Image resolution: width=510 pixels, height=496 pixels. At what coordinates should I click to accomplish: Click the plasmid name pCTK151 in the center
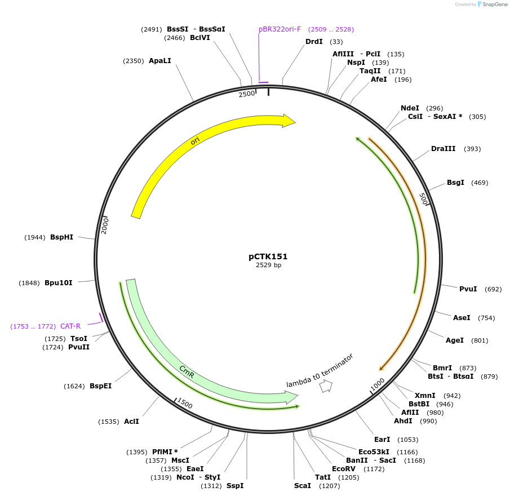point(268,256)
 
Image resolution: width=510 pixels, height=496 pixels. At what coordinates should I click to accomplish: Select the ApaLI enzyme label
point(159,61)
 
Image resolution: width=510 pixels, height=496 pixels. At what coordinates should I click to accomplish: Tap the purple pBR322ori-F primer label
point(280,29)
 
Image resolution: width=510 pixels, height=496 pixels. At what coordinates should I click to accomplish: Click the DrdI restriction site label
point(314,42)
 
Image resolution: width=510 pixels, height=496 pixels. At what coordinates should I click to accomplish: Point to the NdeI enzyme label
point(410,108)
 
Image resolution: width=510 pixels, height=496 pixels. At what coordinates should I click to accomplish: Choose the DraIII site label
point(443,149)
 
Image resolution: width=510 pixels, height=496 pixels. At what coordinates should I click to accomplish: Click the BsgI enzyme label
point(455,183)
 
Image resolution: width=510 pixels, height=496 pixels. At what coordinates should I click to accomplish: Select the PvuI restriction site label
point(468,289)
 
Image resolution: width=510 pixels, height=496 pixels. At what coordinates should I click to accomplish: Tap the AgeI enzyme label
point(454,340)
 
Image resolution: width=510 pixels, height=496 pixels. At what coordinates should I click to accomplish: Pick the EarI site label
point(382,440)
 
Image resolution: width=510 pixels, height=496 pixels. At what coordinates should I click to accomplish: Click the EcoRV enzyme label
point(343,469)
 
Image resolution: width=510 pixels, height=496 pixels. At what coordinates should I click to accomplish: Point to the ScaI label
point(303,486)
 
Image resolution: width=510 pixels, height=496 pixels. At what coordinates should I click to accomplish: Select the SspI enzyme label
point(235,486)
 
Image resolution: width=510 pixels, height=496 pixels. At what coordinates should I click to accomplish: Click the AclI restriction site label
point(131,422)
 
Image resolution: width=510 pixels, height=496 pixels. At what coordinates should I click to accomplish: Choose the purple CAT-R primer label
point(70,326)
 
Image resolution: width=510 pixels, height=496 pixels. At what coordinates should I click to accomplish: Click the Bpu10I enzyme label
point(59,283)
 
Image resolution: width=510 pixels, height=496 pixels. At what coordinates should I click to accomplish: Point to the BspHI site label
point(61,237)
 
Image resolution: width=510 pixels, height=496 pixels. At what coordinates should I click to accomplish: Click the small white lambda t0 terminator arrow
point(326,386)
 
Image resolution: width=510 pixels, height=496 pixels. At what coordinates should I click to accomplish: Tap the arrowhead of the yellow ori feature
point(289,121)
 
